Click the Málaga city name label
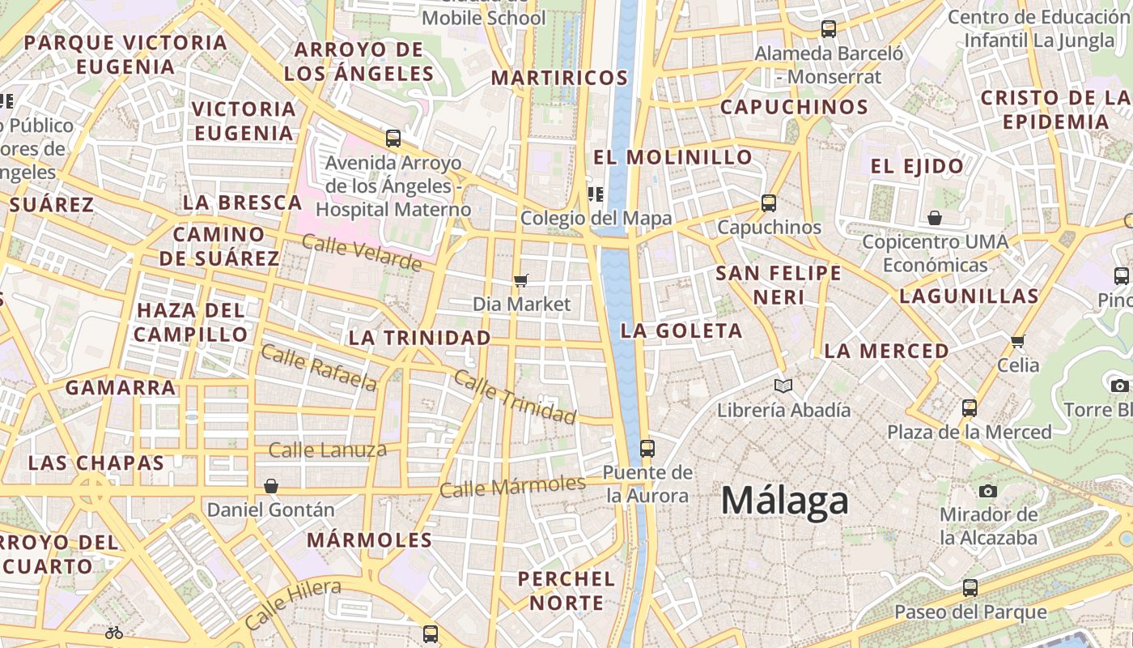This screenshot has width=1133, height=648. (x=784, y=501)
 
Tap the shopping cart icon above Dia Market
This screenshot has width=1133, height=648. (x=521, y=280)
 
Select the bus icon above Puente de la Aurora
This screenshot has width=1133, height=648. (x=647, y=448)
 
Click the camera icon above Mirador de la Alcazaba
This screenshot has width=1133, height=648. (x=987, y=491)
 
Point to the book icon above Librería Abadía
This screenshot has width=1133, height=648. (x=783, y=386)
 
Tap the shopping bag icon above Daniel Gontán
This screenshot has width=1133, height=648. (x=271, y=486)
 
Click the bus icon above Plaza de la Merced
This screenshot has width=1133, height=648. (x=970, y=408)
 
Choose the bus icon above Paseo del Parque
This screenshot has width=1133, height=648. (x=970, y=588)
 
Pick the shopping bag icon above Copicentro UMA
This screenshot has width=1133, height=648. (x=935, y=218)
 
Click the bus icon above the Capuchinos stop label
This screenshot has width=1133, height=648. (x=768, y=203)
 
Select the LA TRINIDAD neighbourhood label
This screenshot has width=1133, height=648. (x=419, y=338)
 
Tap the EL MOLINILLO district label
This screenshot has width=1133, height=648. (x=673, y=157)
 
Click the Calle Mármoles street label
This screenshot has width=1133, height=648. (x=512, y=487)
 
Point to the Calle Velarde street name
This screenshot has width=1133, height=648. (x=362, y=252)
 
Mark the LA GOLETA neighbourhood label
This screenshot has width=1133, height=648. (x=681, y=330)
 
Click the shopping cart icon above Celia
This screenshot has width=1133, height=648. (x=1017, y=341)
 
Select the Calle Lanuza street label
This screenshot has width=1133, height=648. (x=327, y=450)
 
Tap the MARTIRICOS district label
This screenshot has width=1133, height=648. (x=559, y=78)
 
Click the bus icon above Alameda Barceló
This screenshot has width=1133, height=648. (x=828, y=29)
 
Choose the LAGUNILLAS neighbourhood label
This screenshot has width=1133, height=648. (x=969, y=296)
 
